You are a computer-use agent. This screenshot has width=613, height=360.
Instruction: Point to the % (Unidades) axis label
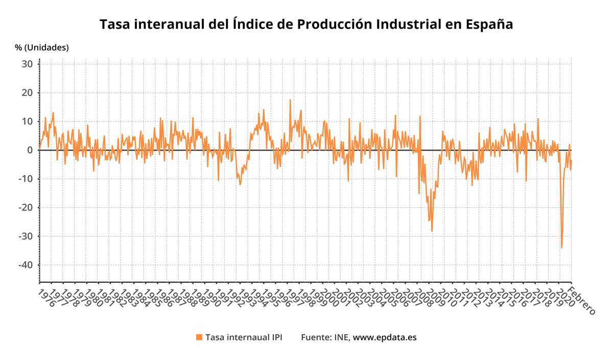click(41, 47)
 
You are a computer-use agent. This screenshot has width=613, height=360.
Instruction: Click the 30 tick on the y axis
click(27, 64)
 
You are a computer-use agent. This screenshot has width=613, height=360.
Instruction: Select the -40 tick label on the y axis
click(25, 265)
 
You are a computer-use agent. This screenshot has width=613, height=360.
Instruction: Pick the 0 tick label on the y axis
click(30, 150)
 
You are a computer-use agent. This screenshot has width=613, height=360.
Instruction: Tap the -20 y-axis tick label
click(25, 207)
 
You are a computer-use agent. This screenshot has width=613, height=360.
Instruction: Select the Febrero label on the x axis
click(582, 302)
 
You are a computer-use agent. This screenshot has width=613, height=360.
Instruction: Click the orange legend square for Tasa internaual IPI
click(199, 338)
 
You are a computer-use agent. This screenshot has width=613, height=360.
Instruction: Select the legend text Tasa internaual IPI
click(243, 338)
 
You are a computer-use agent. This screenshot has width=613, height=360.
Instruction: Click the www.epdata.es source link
click(385, 338)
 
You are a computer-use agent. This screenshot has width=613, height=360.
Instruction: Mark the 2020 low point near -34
click(561, 248)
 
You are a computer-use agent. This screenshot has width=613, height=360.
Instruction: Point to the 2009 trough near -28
click(432, 231)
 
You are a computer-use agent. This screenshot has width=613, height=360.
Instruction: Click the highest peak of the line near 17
click(290, 100)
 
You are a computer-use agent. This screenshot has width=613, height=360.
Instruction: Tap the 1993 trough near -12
click(240, 184)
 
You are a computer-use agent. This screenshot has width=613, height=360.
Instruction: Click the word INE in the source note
click(342, 338)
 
